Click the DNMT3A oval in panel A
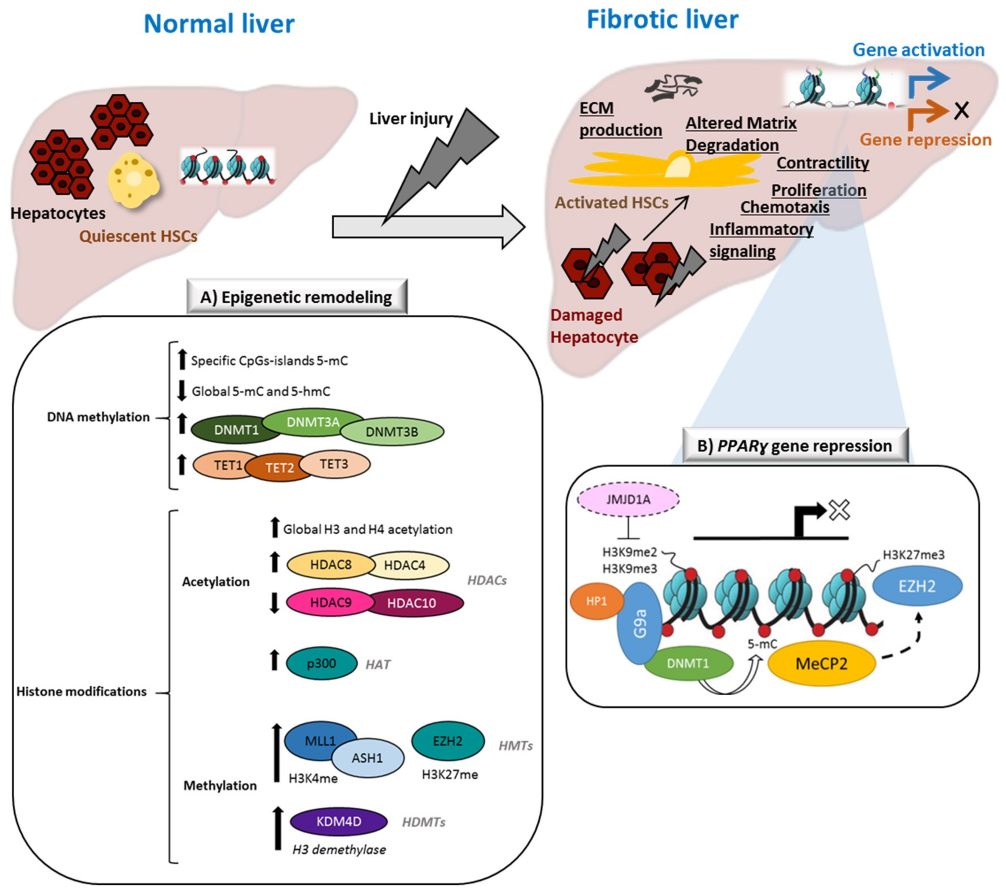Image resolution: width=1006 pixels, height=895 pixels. pyautogui.click(x=313, y=422)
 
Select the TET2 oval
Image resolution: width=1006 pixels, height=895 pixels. pyautogui.click(x=279, y=467)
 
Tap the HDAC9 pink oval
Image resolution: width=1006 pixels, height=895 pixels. pyautogui.click(x=330, y=602)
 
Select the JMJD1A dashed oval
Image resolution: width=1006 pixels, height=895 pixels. pyautogui.click(x=628, y=499)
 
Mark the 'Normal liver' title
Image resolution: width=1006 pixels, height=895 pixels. pyautogui.click(x=219, y=24)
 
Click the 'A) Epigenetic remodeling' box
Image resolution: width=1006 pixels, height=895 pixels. pyautogui.click(x=296, y=297)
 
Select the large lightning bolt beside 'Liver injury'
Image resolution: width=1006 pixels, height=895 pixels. pyautogui.click(x=443, y=162)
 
